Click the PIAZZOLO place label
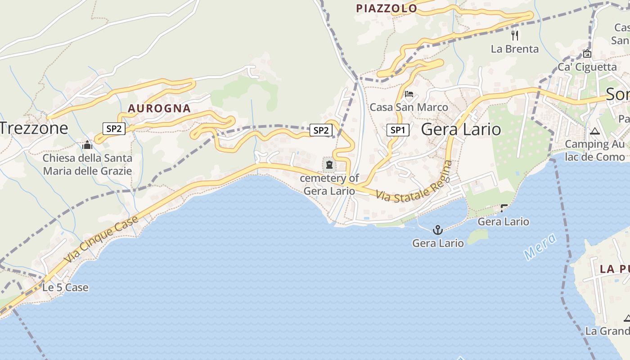coord(387,8)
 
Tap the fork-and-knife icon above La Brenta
coord(515,35)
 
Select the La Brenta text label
coord(515,49)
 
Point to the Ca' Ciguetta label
coord(587,67)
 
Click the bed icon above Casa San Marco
coord(409,94)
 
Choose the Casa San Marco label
coord(409,107)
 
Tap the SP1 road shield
coord(398,130)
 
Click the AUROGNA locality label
coord(159,108)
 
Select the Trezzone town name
coord(34,128)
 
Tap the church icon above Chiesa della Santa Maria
coord(87,145)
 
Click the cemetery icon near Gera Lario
coord(329,165)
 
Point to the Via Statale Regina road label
coord(414,184)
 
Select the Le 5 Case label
coord(65,288)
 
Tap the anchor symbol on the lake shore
coord(437,230)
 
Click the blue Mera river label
coord(540,247)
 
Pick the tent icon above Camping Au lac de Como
coord(595,131)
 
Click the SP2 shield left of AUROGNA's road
coord(114,129)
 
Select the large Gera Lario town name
coord(461,130)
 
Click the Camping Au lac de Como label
coord(595,150)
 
